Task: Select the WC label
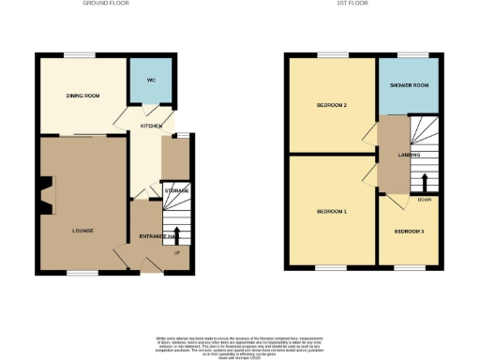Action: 150,80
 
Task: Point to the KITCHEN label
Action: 151,126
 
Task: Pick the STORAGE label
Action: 175,191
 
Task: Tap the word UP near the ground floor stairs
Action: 176,252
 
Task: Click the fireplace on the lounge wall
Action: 43,197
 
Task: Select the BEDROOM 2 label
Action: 333,105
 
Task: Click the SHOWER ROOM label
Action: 409,84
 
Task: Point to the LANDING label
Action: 409,155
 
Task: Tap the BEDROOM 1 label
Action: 332,212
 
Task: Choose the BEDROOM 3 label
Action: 409,231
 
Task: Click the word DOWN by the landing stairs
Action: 425,199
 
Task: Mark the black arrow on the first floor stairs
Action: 425,182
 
